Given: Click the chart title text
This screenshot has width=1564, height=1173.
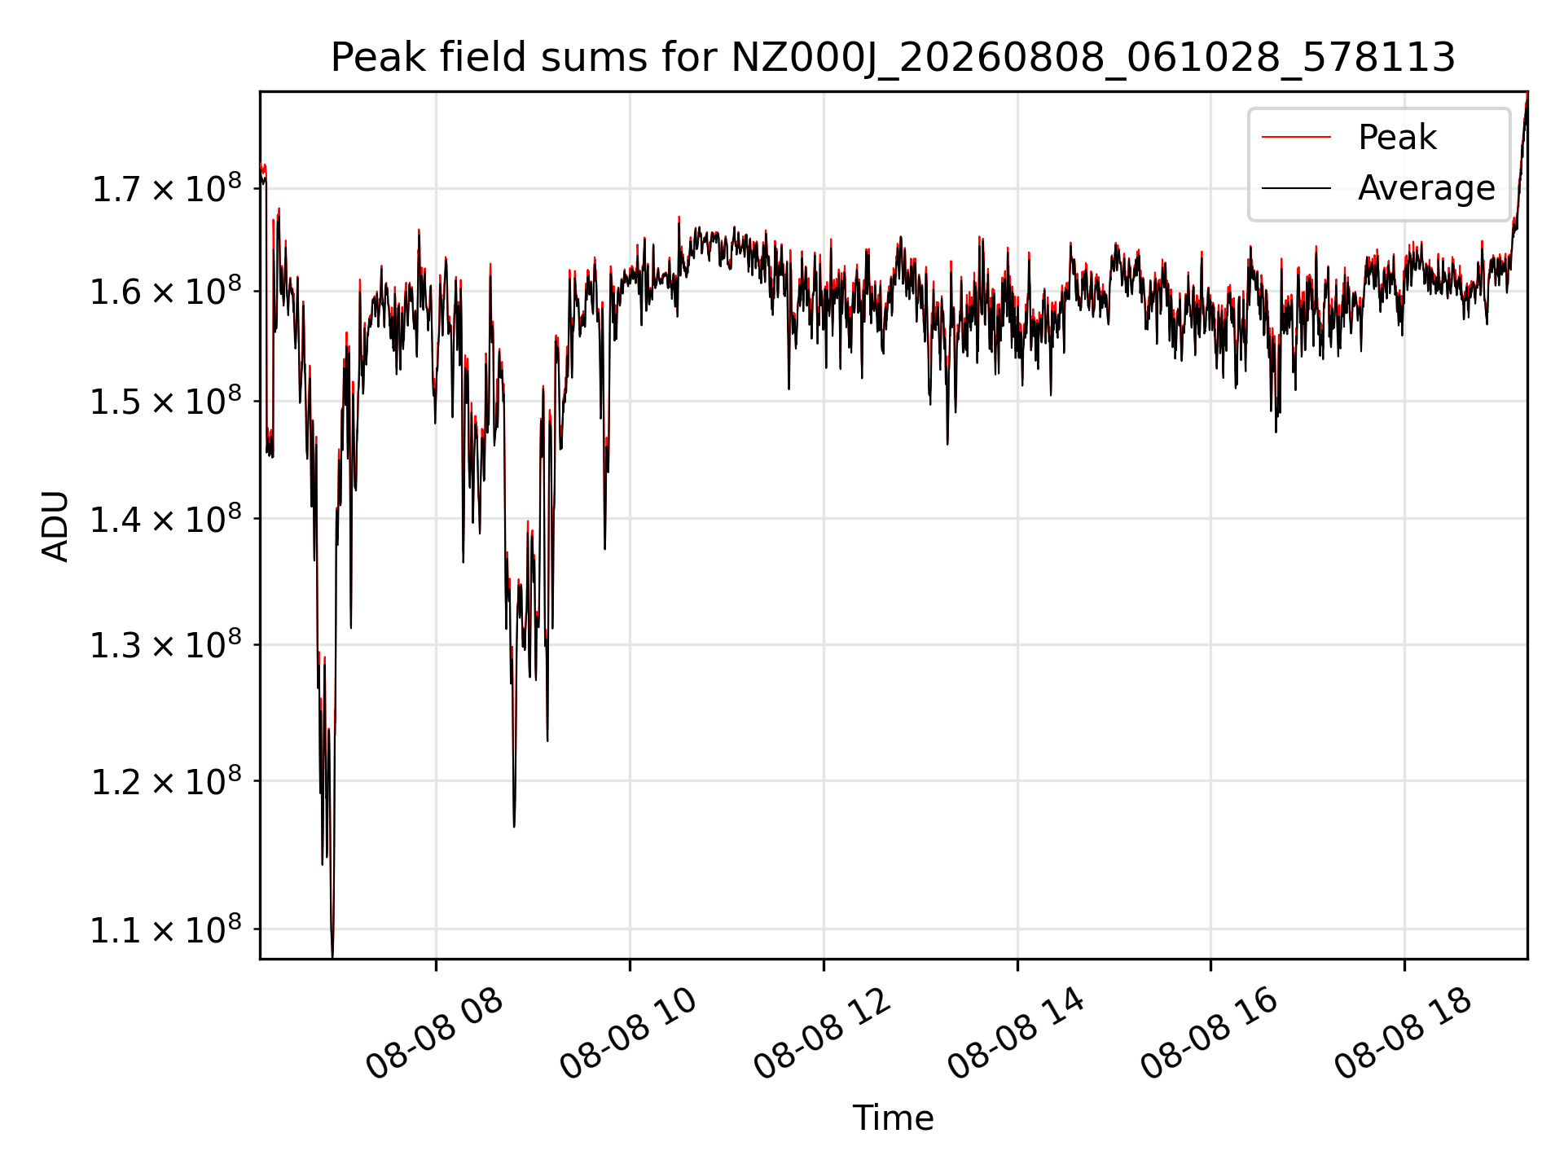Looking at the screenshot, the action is [x=893, y=58].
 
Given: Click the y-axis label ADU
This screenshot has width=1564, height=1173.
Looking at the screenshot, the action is [x=55, y=525].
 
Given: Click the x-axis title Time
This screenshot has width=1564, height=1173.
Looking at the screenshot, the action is [x=893, y=1118].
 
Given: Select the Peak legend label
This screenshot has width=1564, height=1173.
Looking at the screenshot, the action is [x=1397, y=138].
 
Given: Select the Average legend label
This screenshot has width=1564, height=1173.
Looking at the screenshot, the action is [x=1426, y=188].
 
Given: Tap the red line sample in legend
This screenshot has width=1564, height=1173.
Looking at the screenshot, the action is [x=1296, y=138].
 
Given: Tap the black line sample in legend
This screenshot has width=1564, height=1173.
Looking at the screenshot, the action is [x=1296, y=188].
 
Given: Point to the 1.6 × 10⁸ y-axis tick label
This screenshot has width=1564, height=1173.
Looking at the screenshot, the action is [x=166, y=291].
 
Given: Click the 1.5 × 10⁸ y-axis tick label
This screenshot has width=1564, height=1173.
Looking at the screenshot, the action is [x=166, y=401].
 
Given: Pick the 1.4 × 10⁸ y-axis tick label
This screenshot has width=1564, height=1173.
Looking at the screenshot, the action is [x=166, y=518].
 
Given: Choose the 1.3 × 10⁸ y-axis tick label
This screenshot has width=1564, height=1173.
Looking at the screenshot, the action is [x=166, y=644].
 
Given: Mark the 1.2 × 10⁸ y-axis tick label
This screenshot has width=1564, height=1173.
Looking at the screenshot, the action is [x=166, y=780].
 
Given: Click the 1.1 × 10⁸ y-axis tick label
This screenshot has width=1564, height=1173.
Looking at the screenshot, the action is [x=166, y=929].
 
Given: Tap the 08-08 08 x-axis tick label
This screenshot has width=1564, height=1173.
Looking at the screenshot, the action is [x=434, y=1034].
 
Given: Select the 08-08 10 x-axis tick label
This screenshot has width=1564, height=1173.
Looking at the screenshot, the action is [x=628, y=1034].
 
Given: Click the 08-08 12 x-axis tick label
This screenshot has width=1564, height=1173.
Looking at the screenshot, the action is [x=822, y=1034].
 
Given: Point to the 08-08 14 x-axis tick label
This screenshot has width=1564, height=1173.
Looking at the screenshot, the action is [x=1016, y=1034].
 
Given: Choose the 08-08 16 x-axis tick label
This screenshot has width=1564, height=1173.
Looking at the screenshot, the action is [x=1209, y=1034].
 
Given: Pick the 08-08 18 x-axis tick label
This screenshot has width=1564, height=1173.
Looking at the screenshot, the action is [x=1403, y=1034].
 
